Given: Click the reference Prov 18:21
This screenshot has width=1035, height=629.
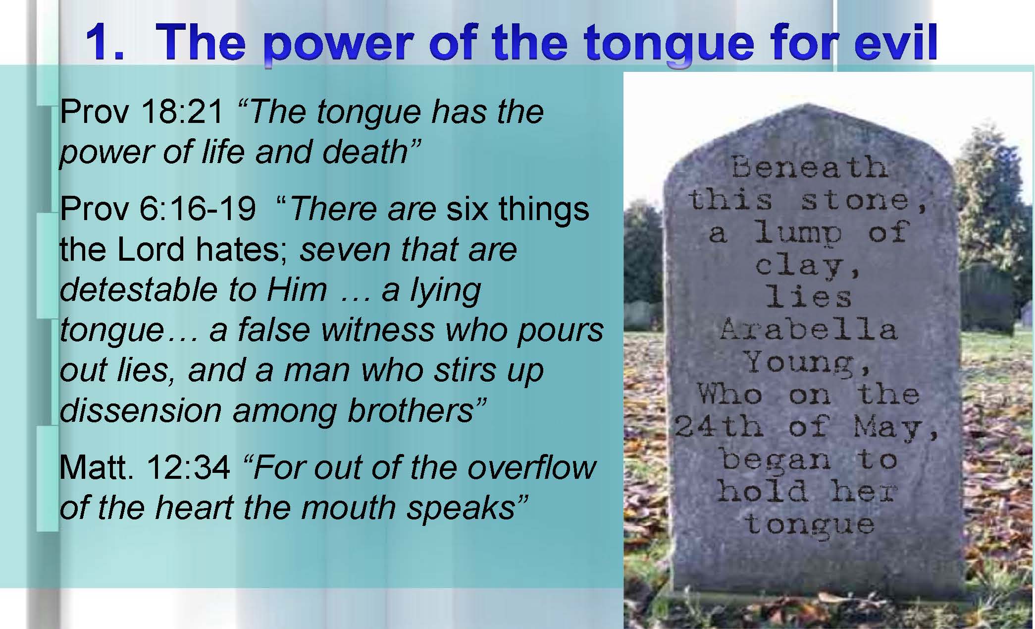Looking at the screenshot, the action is (x=142, y=112).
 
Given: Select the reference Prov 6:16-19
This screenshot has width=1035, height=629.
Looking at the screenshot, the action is (x=158, y=209).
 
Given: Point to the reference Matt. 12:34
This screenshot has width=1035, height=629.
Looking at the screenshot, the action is (x=145, y=467).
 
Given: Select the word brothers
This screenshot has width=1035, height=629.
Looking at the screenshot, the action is (x=411, y=410).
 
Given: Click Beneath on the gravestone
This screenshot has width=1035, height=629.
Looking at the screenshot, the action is (x=809, y=167).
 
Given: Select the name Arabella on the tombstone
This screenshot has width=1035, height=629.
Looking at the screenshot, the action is (x=808, y=329).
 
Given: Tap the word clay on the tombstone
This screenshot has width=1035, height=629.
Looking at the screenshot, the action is (x=802, y=266).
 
